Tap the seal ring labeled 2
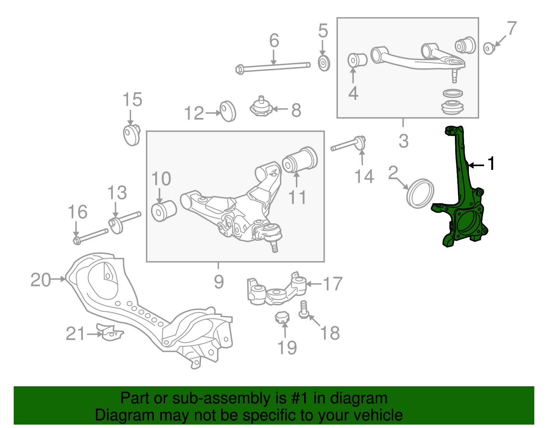420,193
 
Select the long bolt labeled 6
274,67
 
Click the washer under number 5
324,63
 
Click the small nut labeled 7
488,48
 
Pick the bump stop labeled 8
261,107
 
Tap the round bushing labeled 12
228,111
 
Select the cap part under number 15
132,135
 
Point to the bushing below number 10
163,211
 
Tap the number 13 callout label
117,193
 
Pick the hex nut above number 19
282,317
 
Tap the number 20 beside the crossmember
40,280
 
